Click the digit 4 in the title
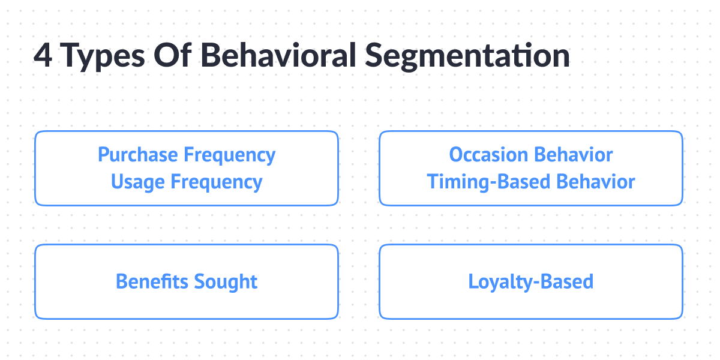coord(43,56)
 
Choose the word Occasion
coord(488,155)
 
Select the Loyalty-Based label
coord(530,281)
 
